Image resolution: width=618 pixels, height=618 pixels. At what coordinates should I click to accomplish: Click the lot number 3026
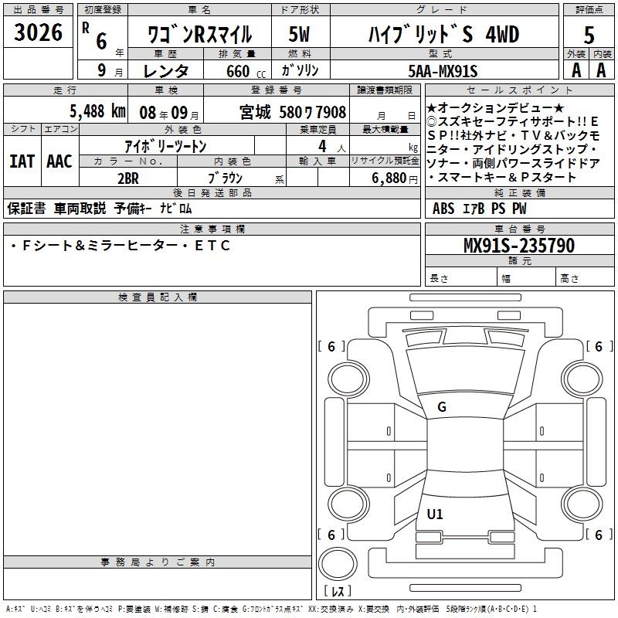tap(38, 32)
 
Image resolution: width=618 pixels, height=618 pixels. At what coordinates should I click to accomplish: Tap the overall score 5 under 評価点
tap(589, 36)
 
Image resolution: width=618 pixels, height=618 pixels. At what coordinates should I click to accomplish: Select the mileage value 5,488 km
tap(98, 111)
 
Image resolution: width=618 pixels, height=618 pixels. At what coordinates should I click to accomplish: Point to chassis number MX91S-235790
tap(519, 246)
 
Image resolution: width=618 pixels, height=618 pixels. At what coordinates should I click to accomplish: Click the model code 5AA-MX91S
tap(443, 71)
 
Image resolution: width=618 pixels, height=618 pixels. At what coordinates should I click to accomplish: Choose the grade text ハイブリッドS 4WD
tap(443, 34)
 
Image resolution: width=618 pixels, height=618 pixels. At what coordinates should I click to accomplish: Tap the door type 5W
tap(300, 34)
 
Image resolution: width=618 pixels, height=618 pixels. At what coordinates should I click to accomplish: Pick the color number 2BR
tap(128, 178)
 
